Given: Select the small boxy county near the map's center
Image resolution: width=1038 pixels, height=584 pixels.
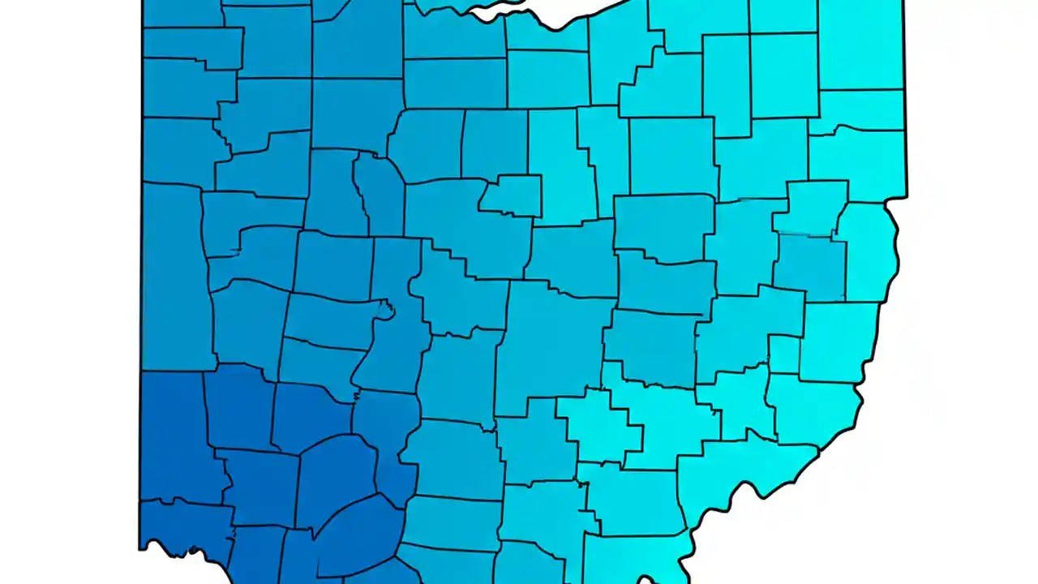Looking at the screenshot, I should point(512,195).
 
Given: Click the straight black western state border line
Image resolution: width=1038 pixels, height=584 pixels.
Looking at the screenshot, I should point(143,243).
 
